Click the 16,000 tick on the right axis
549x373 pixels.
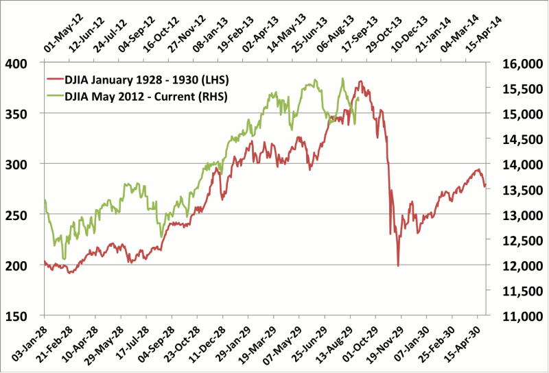click(x=511, y=63)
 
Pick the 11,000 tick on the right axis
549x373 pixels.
click(x=511, y=316)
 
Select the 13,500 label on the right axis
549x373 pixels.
click(x=511, y=190)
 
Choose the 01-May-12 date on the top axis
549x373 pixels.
click(x=58, y=30)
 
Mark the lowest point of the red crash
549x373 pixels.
click(x=398, y=266)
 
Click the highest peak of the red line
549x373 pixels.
click(x=360, y=82)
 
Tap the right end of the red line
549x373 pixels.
click(x=485, y=185)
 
